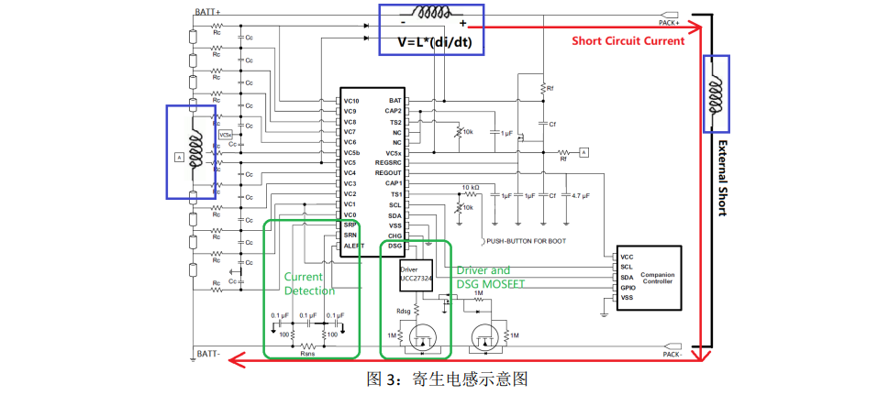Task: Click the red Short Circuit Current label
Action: coord(628,40)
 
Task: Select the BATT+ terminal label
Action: coord(207,12)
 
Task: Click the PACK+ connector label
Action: coord(669,22)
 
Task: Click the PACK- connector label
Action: coord(669,353)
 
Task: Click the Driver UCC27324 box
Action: coord(415,273)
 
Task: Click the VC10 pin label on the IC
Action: coord(350,100)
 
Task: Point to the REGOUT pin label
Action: coord(389,173)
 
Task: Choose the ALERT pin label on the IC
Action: coord(353,246)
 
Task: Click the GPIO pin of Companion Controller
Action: coord(627,287)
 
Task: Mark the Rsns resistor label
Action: coord(307,351)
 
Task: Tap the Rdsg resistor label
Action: coord(403,310)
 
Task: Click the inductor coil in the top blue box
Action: coord(431,15)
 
